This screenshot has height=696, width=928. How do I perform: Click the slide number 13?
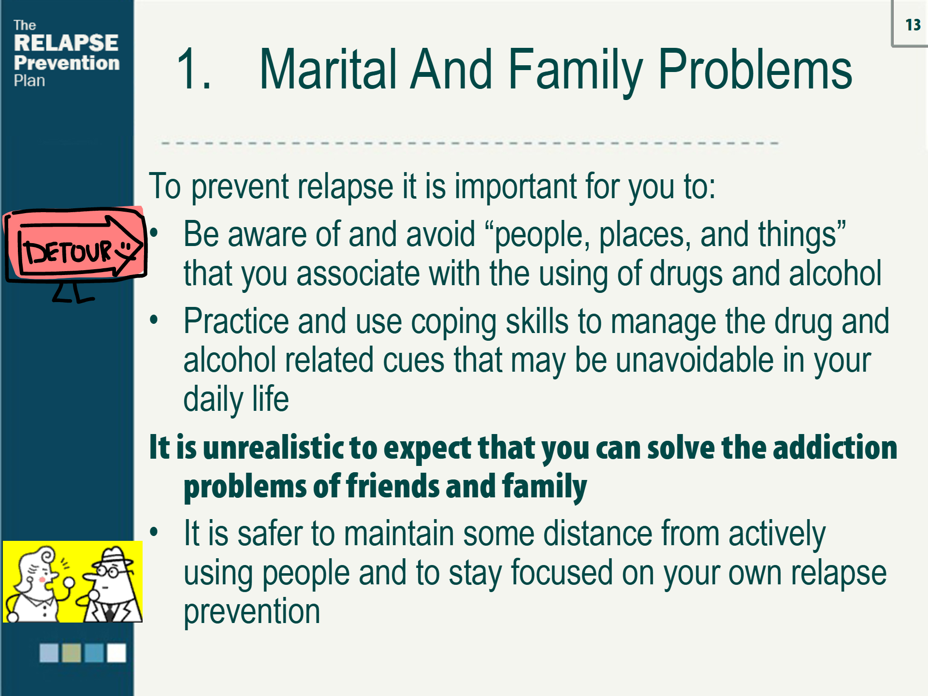913,25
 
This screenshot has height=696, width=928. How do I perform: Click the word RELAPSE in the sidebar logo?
66,43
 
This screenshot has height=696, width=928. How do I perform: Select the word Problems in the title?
755,70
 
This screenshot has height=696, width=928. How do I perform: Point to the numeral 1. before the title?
194,70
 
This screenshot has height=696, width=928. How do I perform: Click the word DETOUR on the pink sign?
68,252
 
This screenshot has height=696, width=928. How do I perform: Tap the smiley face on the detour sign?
125,248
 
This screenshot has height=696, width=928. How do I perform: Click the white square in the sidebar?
116,652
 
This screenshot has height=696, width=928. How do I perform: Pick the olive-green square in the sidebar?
72,652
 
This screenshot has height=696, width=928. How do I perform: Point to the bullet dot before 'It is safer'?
154,532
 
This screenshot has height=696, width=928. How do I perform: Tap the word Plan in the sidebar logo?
29,81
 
